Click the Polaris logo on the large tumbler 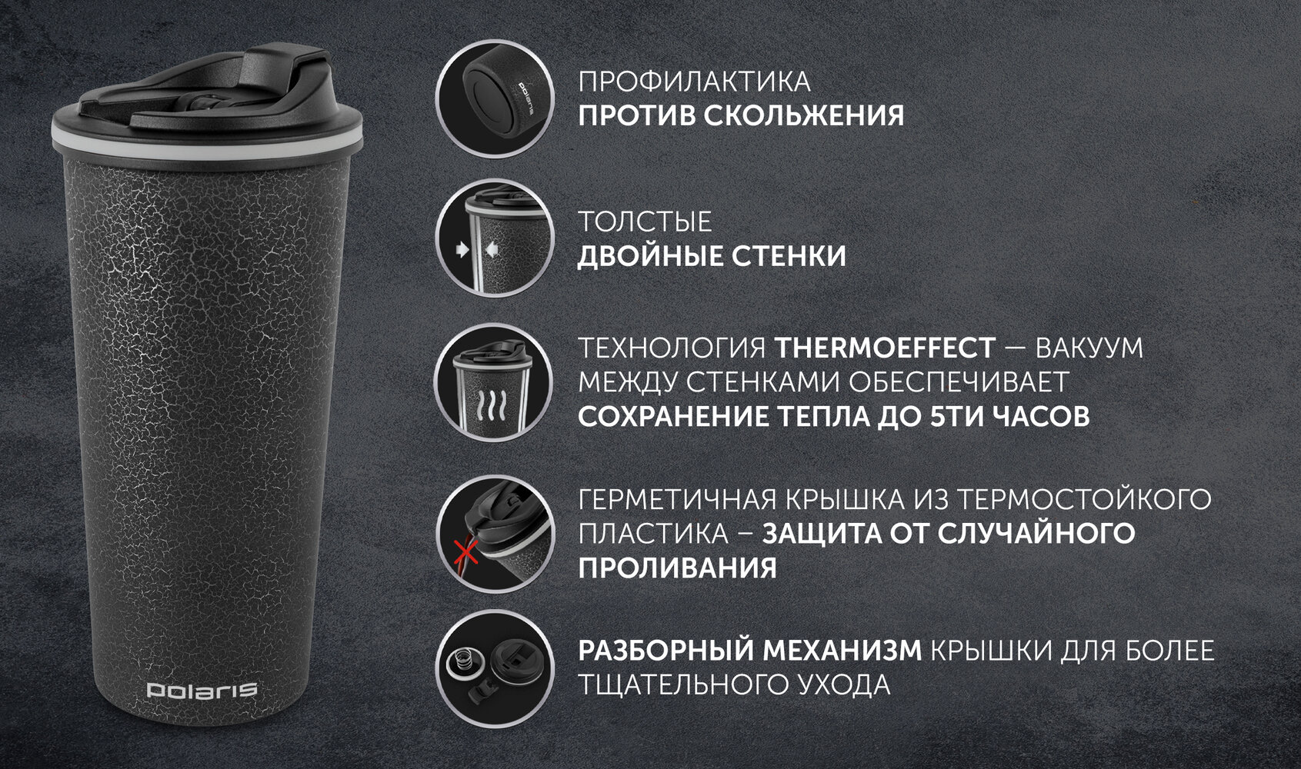pyautogui.click(x=202, y=690)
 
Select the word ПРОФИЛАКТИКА pyautogui.click(x=694, y=82)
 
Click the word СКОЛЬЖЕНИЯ pyautogui.click(x=804, y=116)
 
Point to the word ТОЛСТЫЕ pyautogui.click(x=645, y=221)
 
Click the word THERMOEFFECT pyautogui.click(x=885, y=348)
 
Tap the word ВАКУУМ pyautogui.click(x=1089, y=348)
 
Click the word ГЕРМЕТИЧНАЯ pyautogui.click(x=677, y=500)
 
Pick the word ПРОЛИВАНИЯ pyautogui.click(x=677, y=568)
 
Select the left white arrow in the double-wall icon pyautogui.click(x=462, y=250)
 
